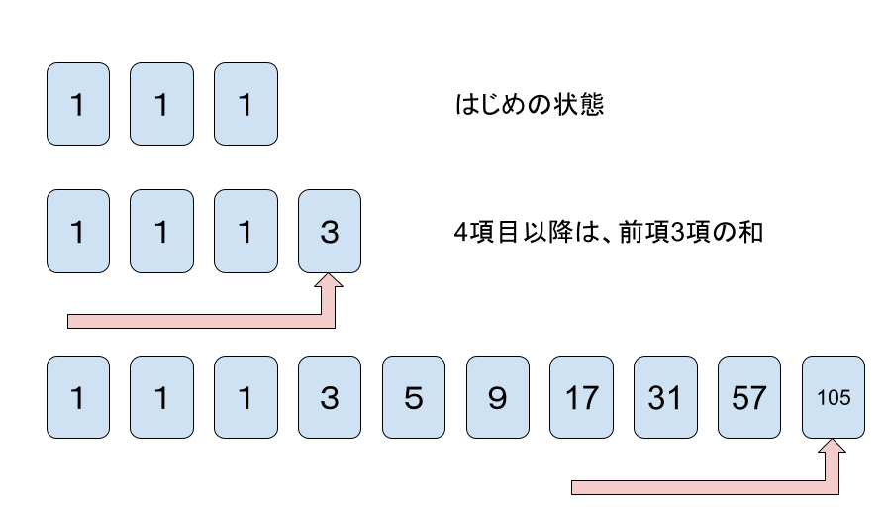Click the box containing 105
[835, 397]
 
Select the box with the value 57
[749, 397]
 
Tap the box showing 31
[665, 397]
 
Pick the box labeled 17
[581, 397]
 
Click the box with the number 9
[498, 397]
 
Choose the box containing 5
[414, 397]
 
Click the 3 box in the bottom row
[330, 397]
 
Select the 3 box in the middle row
[330, 233]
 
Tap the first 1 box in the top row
[78, 104]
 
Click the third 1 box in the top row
[246, 104]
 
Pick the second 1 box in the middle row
[162, 233]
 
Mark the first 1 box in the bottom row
[78, 397]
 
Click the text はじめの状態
[529, 105]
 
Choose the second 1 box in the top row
[162, 104]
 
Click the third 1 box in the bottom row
[246, 397]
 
